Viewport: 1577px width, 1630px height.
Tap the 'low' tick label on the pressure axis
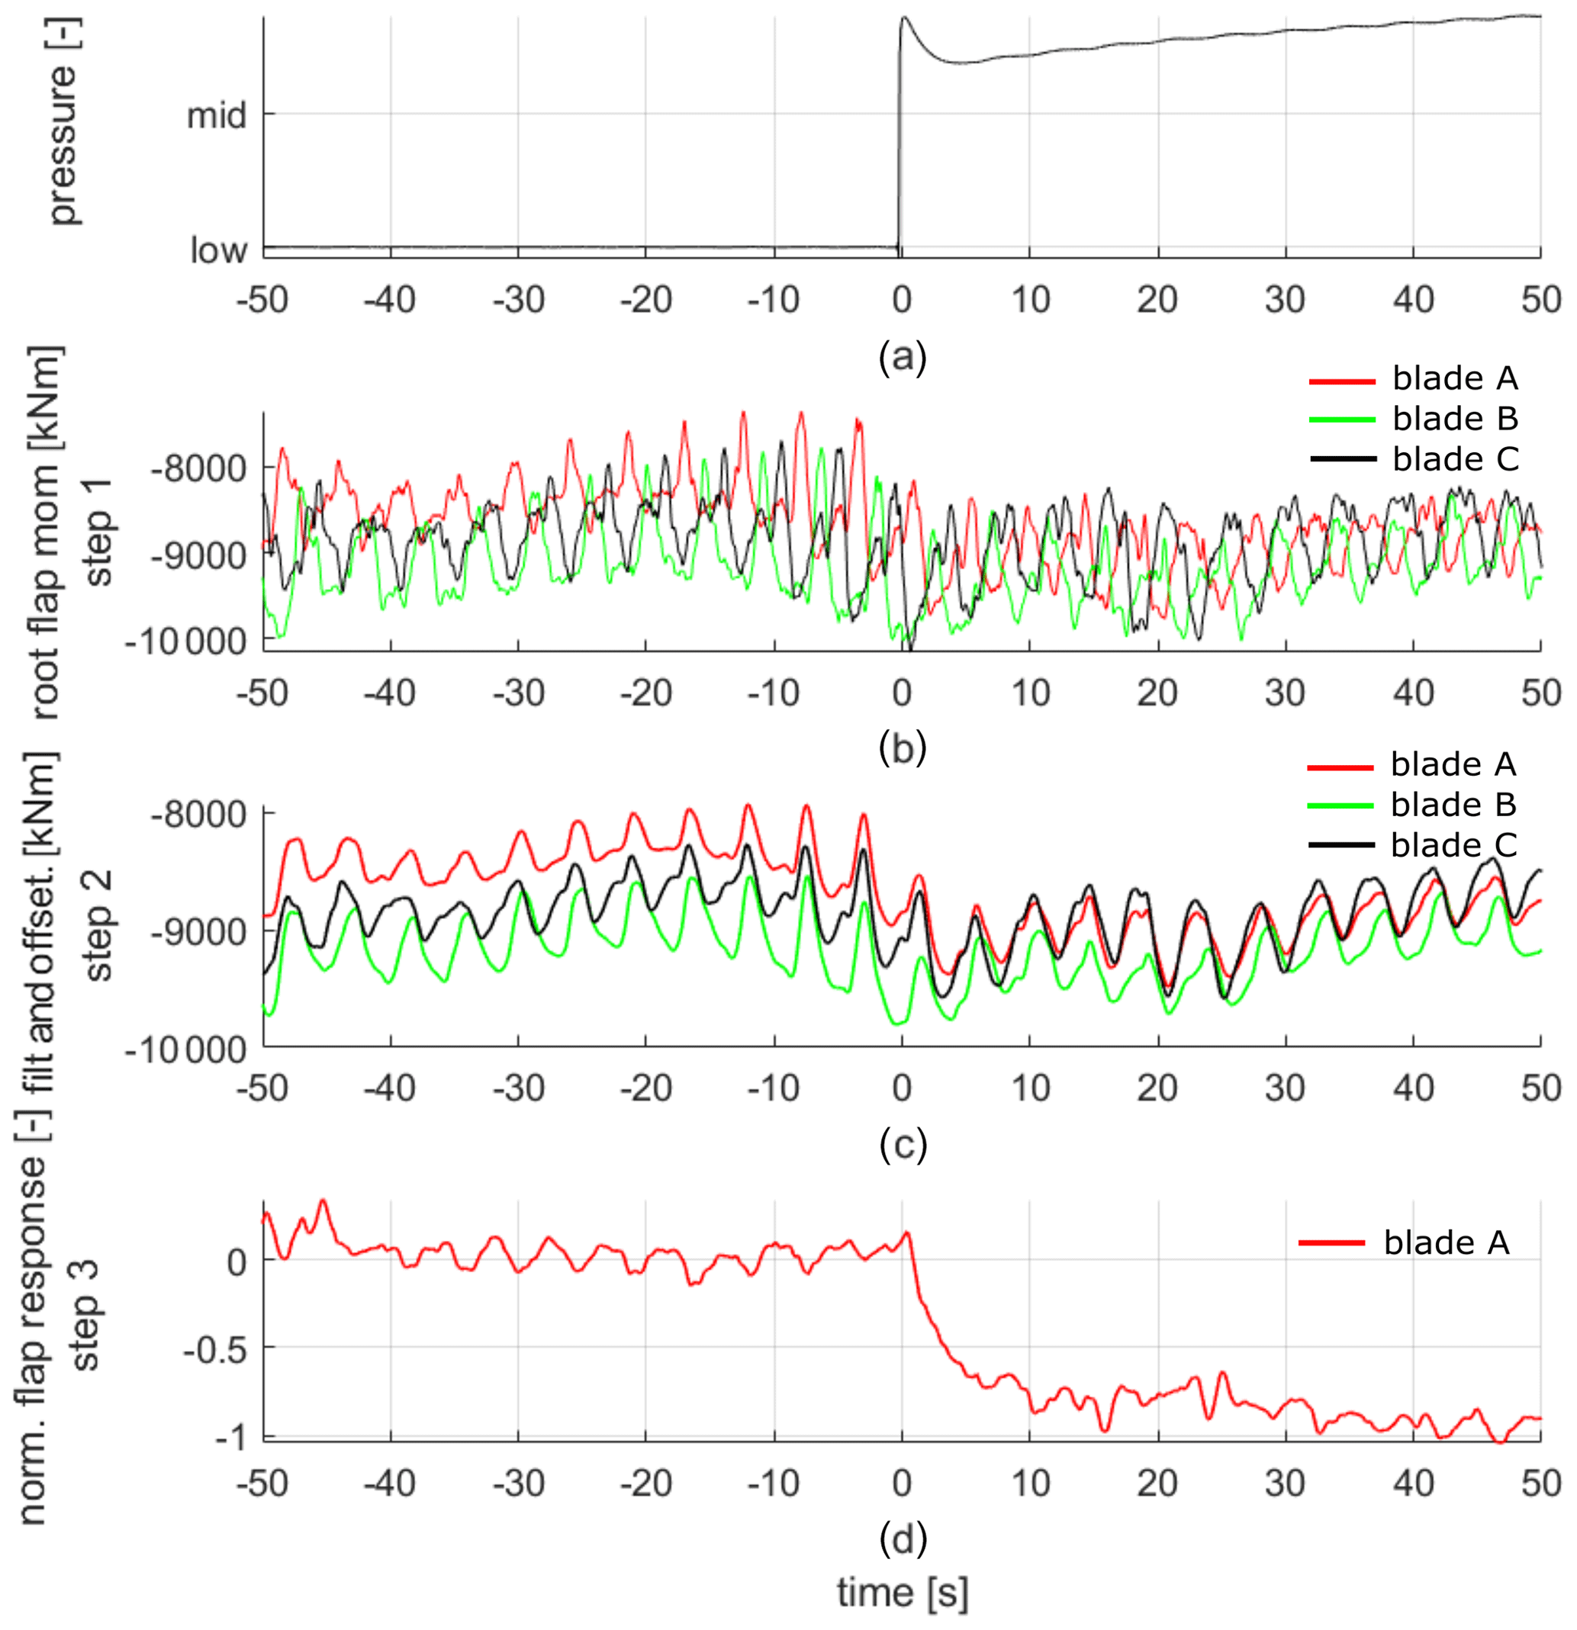point(218,249)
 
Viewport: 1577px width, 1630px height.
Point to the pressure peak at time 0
point(904,18)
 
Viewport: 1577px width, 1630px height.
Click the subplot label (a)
point(902,357)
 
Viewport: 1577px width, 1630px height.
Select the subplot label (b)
point(902,747)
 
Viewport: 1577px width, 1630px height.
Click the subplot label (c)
point(902,1144)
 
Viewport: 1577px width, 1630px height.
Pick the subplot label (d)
point(902,1538)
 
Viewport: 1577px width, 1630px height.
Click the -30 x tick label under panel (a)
point(517,300)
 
